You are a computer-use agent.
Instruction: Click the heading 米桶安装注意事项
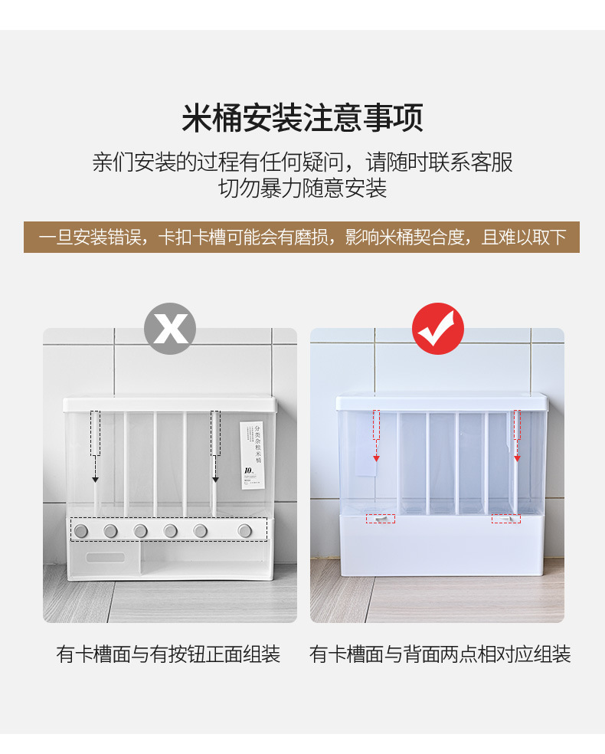[302, 119]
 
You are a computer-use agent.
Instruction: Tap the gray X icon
[170, 329]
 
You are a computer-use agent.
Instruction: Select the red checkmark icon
[438, 329]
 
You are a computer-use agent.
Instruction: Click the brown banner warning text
[302, 238]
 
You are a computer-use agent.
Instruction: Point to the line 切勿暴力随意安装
[302, 188]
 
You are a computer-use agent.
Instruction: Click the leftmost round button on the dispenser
[81, 530]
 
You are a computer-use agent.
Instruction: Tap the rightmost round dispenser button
[244, 530]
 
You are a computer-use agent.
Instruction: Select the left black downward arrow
[96, 479]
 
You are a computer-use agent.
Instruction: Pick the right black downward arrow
[215, 479]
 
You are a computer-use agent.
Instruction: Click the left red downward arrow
[377, 457]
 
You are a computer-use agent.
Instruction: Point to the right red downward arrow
[517, 457]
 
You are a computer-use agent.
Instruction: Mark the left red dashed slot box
[380, 519]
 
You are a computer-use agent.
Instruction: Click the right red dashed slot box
[505, 519]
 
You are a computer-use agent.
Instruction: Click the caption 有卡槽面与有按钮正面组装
[168, 654]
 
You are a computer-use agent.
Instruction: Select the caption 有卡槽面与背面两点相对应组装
[440, 654]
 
